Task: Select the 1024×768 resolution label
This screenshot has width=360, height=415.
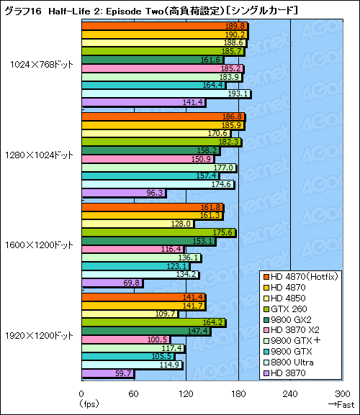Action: pyautogui.click(x=42, y=64)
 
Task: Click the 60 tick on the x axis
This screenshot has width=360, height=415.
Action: pyautogui.click(x=134, y=394)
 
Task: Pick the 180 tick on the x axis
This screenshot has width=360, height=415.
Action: pyautogui.click(x=238, y=394)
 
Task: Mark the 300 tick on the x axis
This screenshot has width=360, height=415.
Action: pyautogui.click(x=343, y=394)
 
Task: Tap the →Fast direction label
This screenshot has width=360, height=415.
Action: pyautogui.click(x=339, y=404)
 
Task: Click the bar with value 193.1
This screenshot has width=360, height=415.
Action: pyautogui.click(x=166, y=94)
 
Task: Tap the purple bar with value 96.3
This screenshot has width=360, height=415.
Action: pyautogui.click(x=124, y=193)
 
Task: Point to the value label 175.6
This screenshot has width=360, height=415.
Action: pyautogui.click(x=224, y=232)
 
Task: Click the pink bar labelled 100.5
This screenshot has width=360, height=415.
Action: pyautogui.click(x=125, y=339)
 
